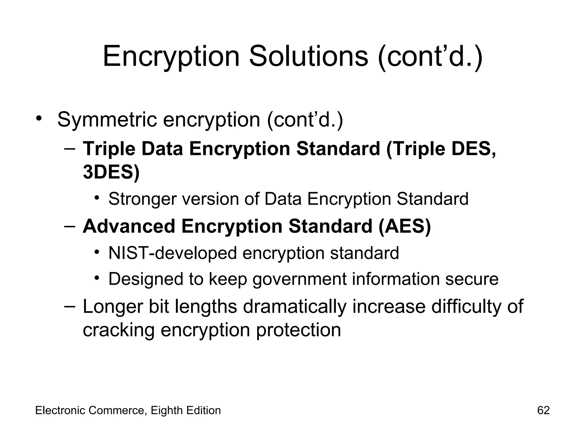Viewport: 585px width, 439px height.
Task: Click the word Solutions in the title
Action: pos(308,56)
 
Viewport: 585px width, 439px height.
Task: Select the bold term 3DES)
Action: pos(111,172)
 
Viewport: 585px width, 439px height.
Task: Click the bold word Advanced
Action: pos(129,226)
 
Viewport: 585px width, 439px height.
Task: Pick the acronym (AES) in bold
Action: pos(404,226)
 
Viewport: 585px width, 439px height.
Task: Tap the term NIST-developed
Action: pos(173,253)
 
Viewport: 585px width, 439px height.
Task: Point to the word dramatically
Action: pos(294,306)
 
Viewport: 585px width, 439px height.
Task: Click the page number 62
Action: pos(543,410)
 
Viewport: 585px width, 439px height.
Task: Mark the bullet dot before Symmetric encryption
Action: pos(39,118)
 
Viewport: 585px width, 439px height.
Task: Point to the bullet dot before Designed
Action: pos(97,278)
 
